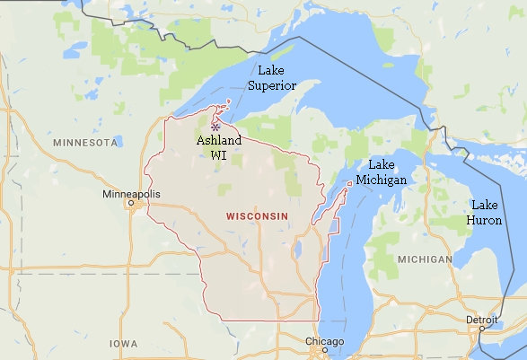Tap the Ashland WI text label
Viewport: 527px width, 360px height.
pos(218,148)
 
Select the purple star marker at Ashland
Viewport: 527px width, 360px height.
pos(215,127)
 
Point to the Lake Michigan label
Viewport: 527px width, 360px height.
pos(381,172)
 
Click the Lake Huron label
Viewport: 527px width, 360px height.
pos(485,213)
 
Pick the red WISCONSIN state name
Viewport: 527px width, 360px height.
pos(257,216)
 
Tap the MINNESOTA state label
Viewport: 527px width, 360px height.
pos(85,143)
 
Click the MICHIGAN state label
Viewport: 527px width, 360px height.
pos(425,259)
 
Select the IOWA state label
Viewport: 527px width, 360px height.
pos(123,344)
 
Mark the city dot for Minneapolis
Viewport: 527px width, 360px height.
pos(134,205)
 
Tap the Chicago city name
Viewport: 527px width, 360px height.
pos(323,342)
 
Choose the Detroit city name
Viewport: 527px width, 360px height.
pos(481,320)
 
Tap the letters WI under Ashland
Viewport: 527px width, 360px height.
pos(218,155)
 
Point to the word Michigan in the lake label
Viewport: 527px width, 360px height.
pos(381,180)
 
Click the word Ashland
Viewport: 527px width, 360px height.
pos(218,142)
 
